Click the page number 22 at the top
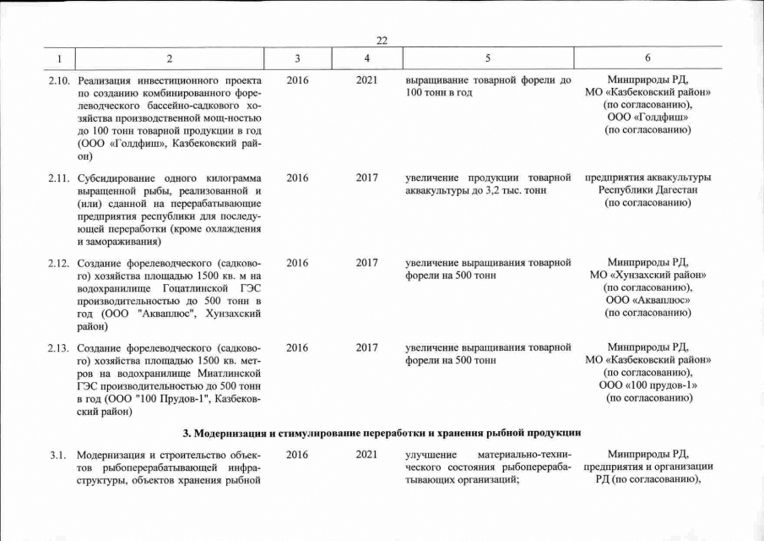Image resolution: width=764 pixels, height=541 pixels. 382,41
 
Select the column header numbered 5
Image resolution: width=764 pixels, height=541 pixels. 487,58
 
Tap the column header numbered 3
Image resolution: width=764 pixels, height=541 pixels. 297,58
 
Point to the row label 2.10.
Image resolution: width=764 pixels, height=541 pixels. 57,80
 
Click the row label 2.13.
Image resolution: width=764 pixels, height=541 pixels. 57,347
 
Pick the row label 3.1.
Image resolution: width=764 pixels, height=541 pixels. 57,455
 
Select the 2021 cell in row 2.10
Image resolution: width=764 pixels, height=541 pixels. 366,80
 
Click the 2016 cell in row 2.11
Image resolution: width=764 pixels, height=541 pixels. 297,178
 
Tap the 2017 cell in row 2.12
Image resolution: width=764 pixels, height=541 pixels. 366,263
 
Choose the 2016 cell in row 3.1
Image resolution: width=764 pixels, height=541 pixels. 297,455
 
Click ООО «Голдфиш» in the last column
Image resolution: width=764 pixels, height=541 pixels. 648,117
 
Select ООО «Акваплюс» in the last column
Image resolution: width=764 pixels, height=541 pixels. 648,300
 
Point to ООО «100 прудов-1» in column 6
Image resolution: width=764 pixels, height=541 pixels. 648,385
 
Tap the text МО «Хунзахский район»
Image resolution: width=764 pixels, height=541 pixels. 648,276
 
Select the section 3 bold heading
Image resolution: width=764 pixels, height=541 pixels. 382,433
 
